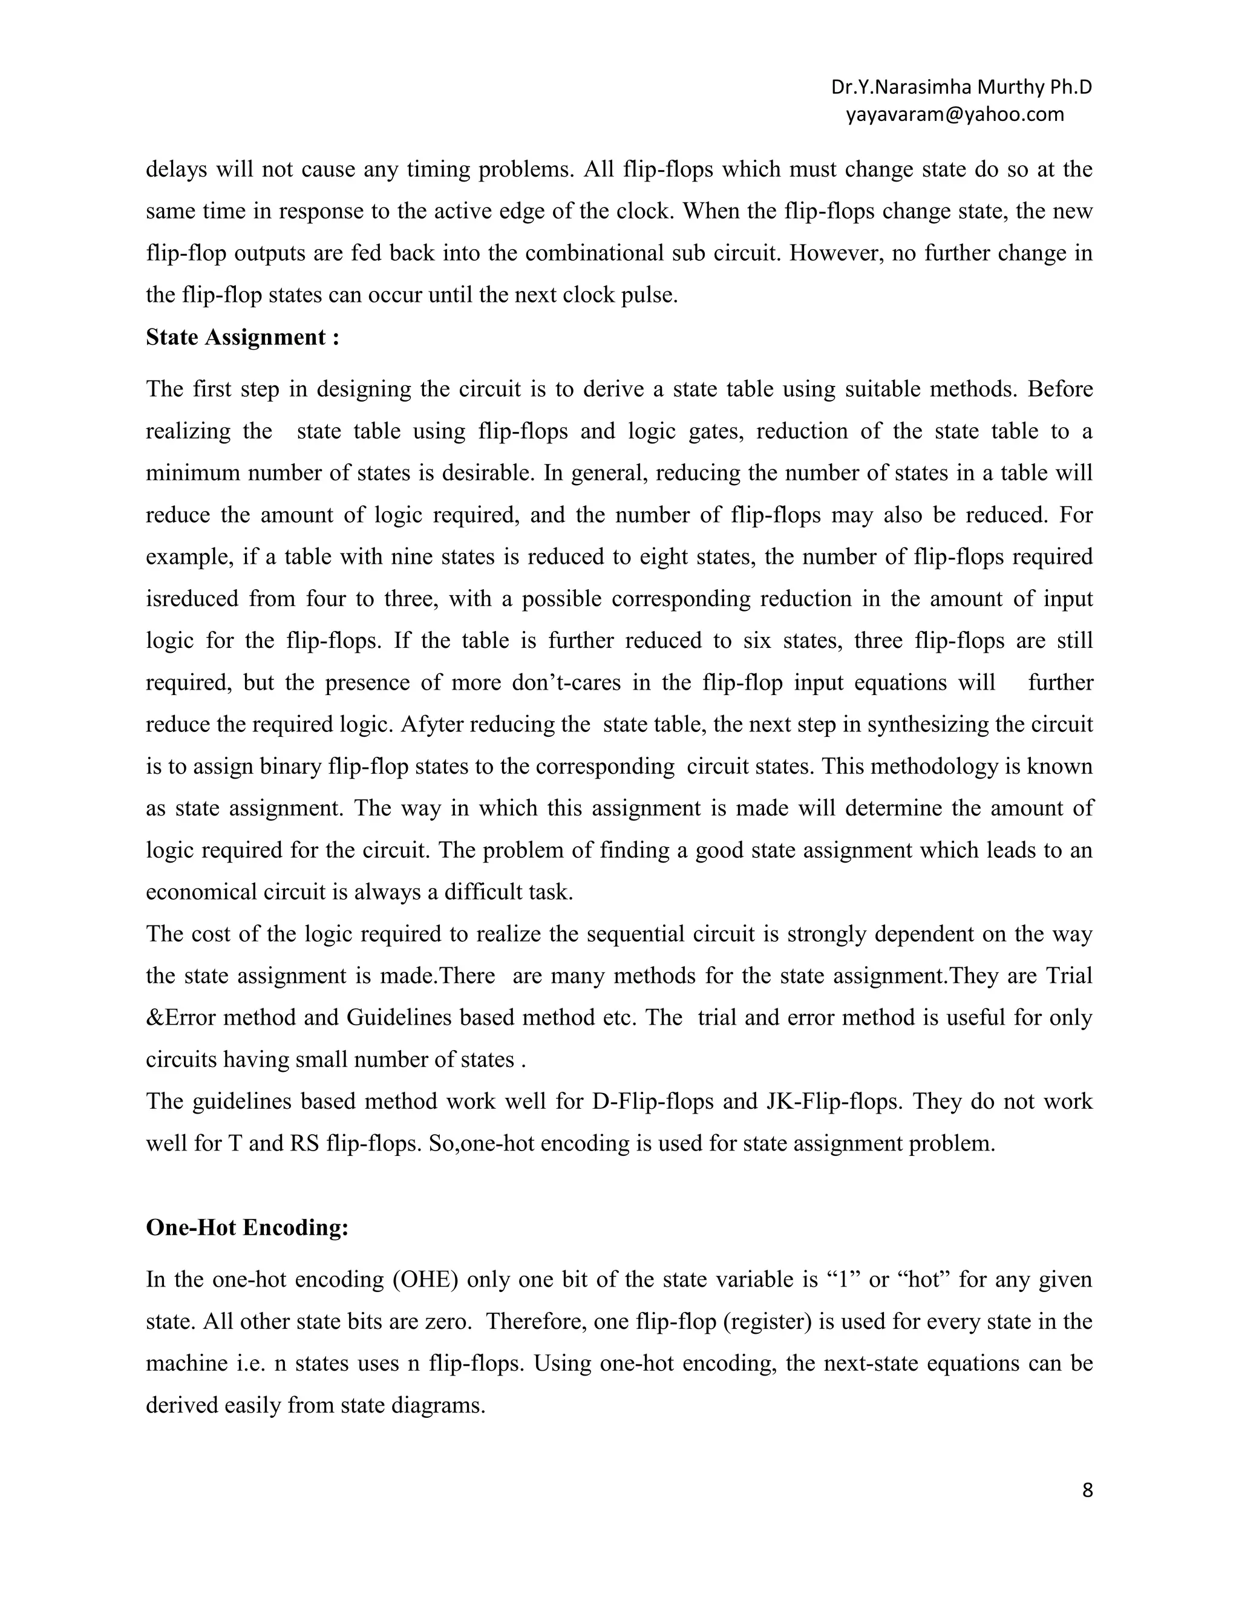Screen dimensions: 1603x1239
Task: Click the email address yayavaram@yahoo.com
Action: tap(955, 114)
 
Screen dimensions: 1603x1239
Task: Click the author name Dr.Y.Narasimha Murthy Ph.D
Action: tap(961, 87)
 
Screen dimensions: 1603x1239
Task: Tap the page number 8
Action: tap(1087, 1490)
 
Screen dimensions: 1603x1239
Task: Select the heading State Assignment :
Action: tap(242, 338)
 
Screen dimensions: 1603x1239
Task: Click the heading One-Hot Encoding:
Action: tap(247, 1228)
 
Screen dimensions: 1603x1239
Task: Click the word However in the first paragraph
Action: tap(839, 253)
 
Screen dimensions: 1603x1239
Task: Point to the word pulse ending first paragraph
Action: tap(650, 295)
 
